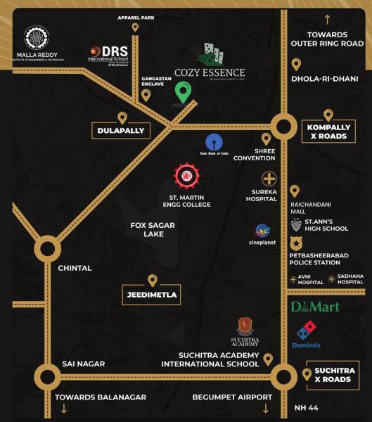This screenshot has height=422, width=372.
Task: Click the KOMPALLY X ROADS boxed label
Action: [328, 132]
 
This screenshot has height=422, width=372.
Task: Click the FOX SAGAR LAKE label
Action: [152, 229]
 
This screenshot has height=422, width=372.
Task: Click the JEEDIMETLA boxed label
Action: [152, 295]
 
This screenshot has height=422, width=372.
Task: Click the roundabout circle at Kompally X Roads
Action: [283, 127]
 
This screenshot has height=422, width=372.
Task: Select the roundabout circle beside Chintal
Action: [46, 248]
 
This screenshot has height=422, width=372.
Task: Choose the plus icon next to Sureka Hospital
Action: [269, 178]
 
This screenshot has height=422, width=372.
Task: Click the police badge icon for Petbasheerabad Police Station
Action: [296, 242]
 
